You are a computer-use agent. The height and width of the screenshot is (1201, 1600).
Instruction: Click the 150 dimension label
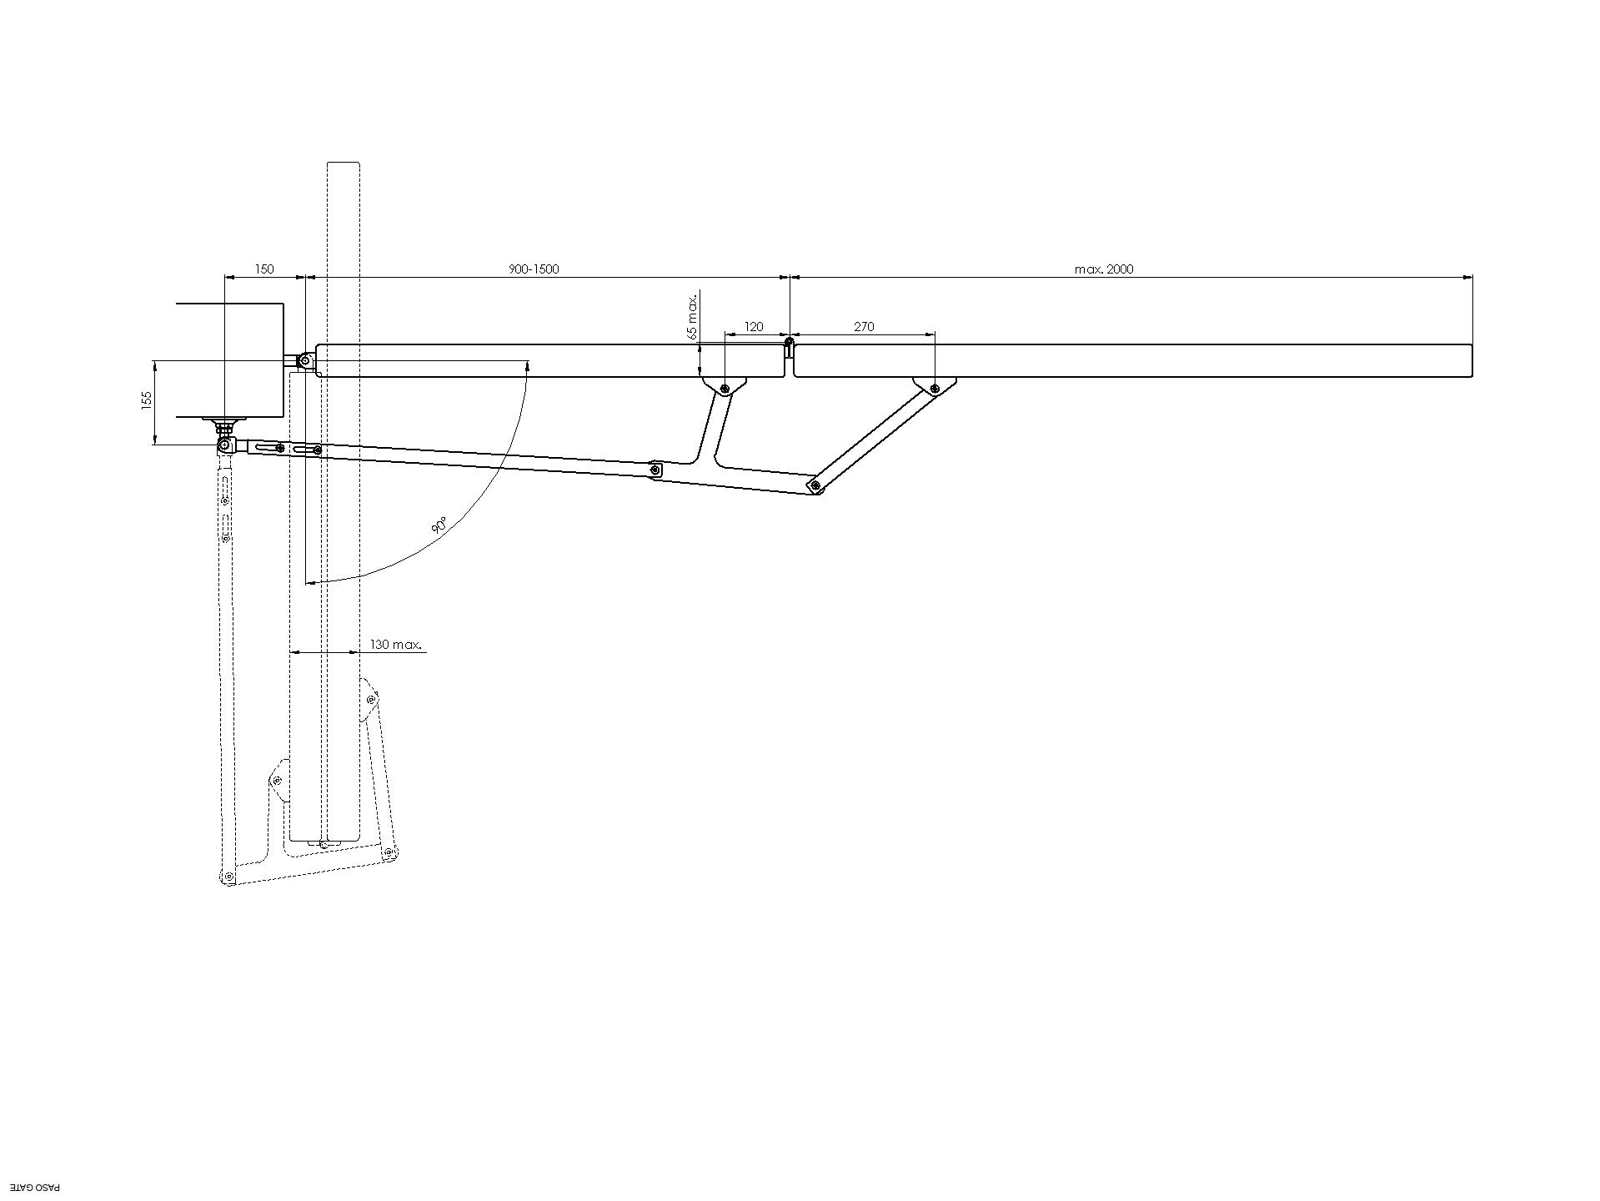click(x=263, y=269)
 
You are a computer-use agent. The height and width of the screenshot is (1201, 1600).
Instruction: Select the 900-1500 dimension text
click(x=534, y=269)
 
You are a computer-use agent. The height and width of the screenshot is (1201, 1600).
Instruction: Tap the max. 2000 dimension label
click(x=1104, y=269)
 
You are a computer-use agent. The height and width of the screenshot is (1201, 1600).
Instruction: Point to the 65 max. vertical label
click(x=692, y=316)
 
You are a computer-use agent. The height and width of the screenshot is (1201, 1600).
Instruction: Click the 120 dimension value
click(x=754, y=327)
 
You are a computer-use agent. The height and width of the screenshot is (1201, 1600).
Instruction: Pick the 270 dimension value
click(x=865, y=327)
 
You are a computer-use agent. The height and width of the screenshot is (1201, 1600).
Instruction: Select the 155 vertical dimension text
click(x=147, y=400)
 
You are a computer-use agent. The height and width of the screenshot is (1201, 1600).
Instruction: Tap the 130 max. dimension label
click(x=396, y=645)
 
